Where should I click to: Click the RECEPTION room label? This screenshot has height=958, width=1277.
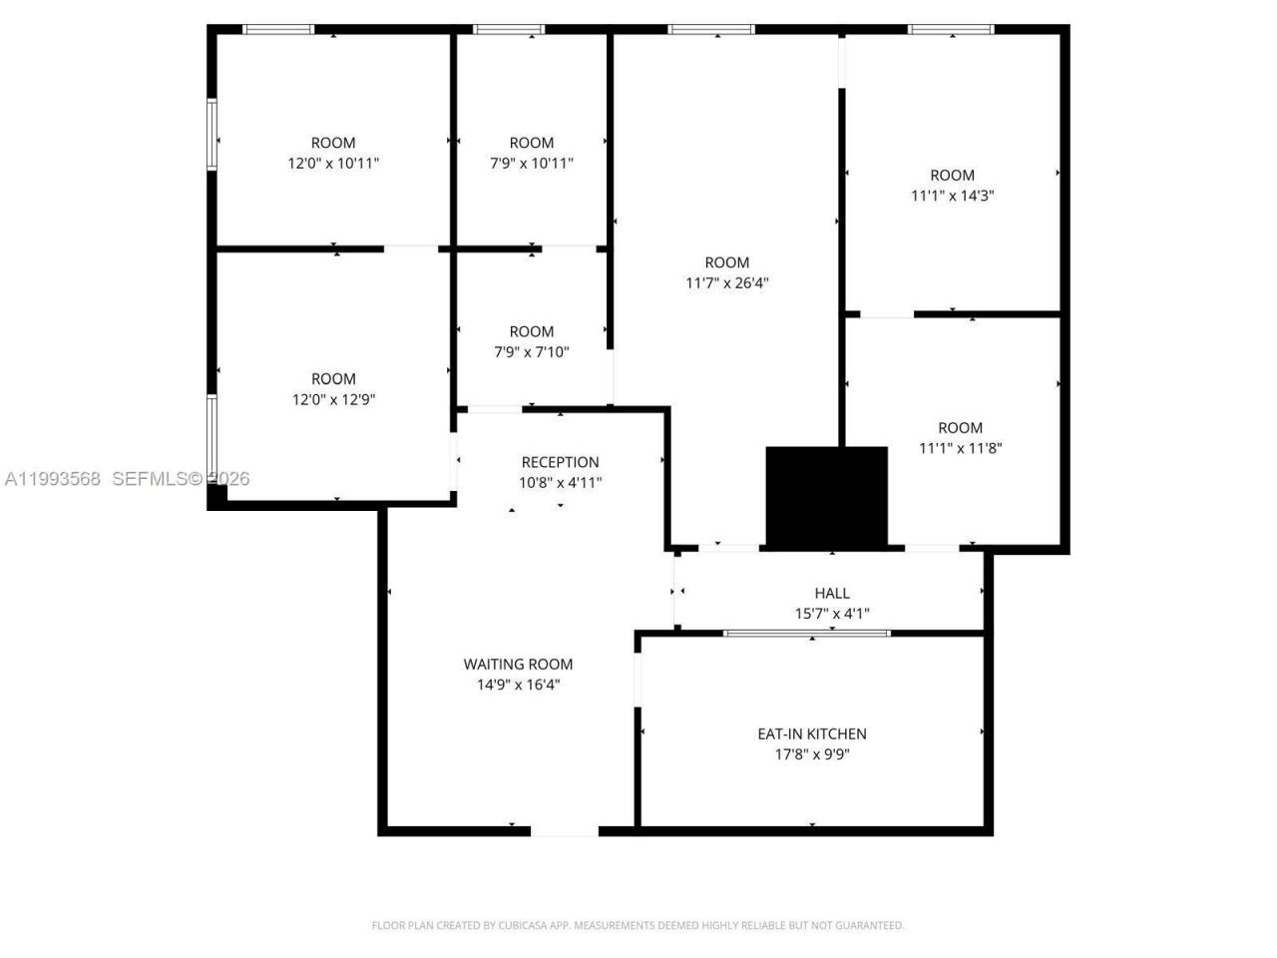point(560,462)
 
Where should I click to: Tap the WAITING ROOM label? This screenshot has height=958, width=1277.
point(518,664)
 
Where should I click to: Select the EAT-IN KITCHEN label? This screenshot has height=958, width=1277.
point(811,733)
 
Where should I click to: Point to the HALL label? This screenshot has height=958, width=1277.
point(831,593)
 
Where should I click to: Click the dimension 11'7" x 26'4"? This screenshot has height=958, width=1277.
point(726,283)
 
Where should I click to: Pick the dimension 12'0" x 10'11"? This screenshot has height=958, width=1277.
point(333,163)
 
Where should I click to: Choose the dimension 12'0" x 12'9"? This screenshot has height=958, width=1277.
point(333,399)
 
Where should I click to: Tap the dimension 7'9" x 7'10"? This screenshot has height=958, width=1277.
point(531,351)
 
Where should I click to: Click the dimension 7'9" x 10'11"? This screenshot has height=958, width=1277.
point(531,163)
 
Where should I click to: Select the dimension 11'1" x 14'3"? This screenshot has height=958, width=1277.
point(952,196)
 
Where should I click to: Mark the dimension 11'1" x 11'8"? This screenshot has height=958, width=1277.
point(960,448)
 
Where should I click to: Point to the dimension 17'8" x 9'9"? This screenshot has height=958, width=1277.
point(811,754)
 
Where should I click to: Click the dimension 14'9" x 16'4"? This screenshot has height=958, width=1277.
point(518,685)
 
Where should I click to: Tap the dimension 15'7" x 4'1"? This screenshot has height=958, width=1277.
point(831,614)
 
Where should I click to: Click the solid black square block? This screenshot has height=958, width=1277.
point(826,496)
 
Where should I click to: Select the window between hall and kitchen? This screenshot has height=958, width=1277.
point(806,633)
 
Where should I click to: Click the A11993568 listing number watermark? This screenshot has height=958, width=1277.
point(53,479)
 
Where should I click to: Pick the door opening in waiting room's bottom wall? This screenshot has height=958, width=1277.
point(564,829)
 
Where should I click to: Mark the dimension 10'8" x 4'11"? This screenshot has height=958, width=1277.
point(560,483)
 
